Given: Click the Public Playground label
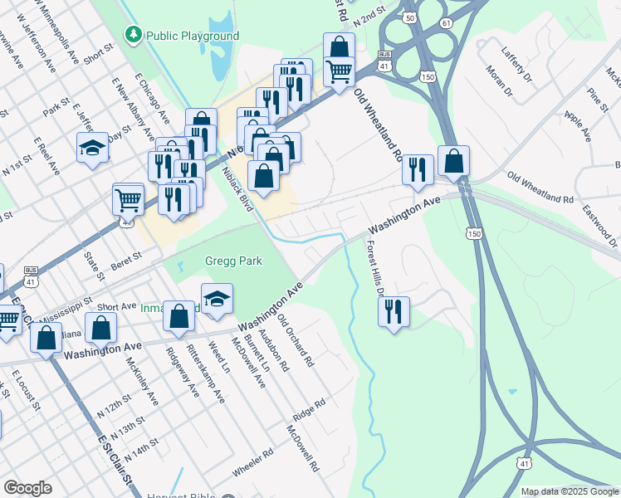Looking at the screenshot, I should [x=193, y=36].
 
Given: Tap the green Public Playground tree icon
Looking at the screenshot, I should [x=133, y=35].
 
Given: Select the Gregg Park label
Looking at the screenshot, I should [x=233, y=261].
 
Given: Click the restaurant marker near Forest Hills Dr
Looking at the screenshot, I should [x=393, y=311].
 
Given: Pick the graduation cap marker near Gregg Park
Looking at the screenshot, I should [x=217, y=298].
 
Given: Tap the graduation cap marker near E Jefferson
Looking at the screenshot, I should [x=93, y=148].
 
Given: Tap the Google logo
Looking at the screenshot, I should [x=27, y=488].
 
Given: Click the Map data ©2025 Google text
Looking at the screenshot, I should [x=570, y=491].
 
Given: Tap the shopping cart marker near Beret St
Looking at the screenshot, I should [x=128, y=198].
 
